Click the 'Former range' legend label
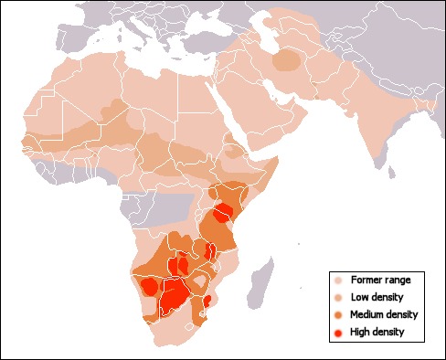[379, 280]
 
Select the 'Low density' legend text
[377, 297]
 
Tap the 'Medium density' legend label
[383, 314]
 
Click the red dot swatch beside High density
[338, 332]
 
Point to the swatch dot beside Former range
[338, 280]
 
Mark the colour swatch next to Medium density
[338, 314]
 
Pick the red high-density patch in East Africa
[222, 214]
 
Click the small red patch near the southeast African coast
[207, 301]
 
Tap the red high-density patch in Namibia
[148, 287]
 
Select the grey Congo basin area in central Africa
[169, 206]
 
